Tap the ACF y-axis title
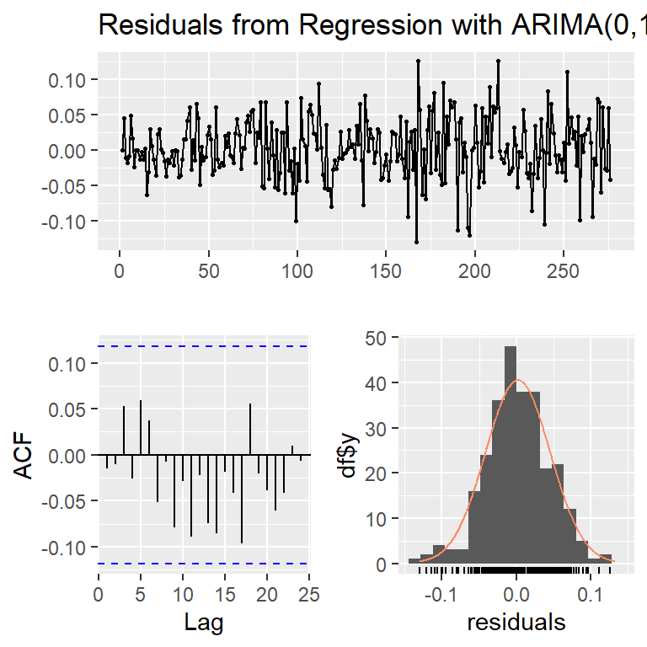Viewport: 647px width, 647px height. click(x=25, y=455)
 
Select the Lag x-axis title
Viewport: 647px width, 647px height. click(x=203, y=622)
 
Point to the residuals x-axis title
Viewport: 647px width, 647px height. click(x=516, y=622)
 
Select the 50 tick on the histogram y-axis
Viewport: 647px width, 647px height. click(x=377, y=338)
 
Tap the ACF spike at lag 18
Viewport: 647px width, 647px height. click(x=250, y=430)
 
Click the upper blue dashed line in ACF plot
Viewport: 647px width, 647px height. click(x=203, y=346)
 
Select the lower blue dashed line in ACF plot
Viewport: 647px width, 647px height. click(x=203, y=564)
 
